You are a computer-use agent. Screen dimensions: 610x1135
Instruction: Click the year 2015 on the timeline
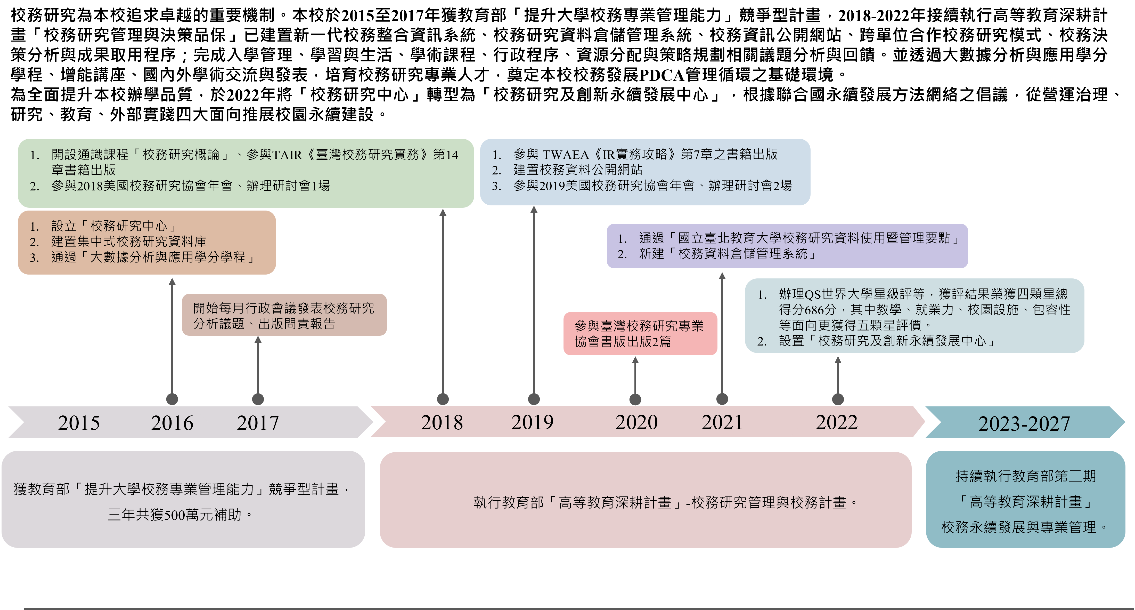(79, 423)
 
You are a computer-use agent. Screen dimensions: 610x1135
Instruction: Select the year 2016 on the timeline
(172, 423)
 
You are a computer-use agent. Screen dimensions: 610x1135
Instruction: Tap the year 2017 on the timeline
(258, 423)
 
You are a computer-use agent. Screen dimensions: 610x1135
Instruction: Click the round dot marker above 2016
(172, 399)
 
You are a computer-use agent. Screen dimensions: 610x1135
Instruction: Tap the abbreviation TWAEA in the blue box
(566, 155)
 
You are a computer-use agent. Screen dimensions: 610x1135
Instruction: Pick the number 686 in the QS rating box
(813, 310)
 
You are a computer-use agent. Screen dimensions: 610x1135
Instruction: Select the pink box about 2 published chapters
(640, 334)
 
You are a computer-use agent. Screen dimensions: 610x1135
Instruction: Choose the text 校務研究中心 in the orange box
(129, 226)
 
